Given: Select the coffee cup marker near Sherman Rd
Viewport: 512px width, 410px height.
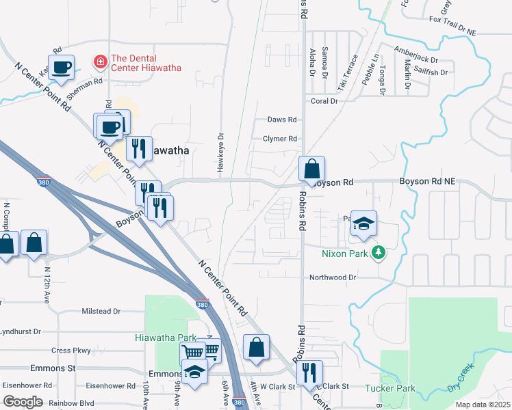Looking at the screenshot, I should pyautogui.click(x=62, y=68).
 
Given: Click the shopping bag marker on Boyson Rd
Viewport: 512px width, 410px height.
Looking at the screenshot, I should pyautogui.click(x=311, y=169).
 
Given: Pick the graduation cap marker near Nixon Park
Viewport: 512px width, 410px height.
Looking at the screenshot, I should pyautogui.click(x=364, y=223).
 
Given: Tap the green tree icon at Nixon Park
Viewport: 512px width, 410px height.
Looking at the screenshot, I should pyautogui.click(x=378, y=254).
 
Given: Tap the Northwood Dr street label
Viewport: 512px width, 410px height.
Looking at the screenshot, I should pyautogui.click(x=333, y=277).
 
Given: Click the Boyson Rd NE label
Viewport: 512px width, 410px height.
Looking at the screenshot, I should pyautogui.click(x=426, y=182).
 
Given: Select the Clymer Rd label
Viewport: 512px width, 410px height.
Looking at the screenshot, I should pyautogui.click(x=279, y=139).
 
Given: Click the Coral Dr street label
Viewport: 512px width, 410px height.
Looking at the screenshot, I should pyautogui.click(x=324, y=101).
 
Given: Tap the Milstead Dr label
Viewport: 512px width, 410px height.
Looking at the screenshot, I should pyautogui.click(x=101, y=311).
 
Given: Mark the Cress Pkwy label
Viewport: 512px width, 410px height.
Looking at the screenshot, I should pyautogui.click(x=71, y=351).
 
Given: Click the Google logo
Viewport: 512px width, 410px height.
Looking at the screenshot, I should pyautogui.click(x=23, y=401).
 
